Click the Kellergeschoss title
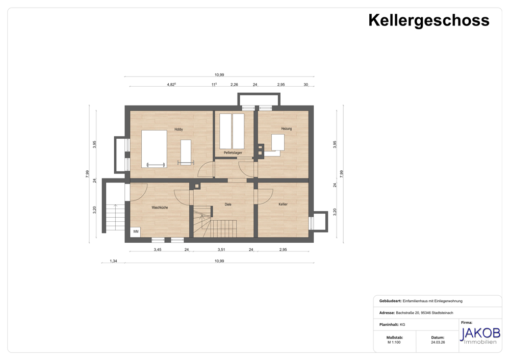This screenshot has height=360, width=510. point(429,21)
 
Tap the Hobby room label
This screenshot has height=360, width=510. point(178,130)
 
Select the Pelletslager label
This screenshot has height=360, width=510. point(233,152)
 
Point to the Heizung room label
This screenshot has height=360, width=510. point(287,129)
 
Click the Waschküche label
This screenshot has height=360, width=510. point(160,208)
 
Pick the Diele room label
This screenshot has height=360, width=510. point(228,204)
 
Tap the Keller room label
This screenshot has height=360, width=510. point(283,204)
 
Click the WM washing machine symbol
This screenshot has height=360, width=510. point(136,232)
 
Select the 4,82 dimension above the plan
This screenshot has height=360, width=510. point(171,85)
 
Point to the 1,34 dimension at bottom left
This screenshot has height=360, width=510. point(113,261)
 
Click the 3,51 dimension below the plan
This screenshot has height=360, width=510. point(221,250)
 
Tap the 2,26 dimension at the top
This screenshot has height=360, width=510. point(234,85)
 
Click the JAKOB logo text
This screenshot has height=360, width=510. point(480,333)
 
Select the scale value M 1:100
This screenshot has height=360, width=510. point(394,343)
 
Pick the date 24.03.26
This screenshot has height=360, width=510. point(438,343)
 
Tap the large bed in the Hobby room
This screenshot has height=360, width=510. point(154,149)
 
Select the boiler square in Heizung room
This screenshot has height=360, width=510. point(278,142)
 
